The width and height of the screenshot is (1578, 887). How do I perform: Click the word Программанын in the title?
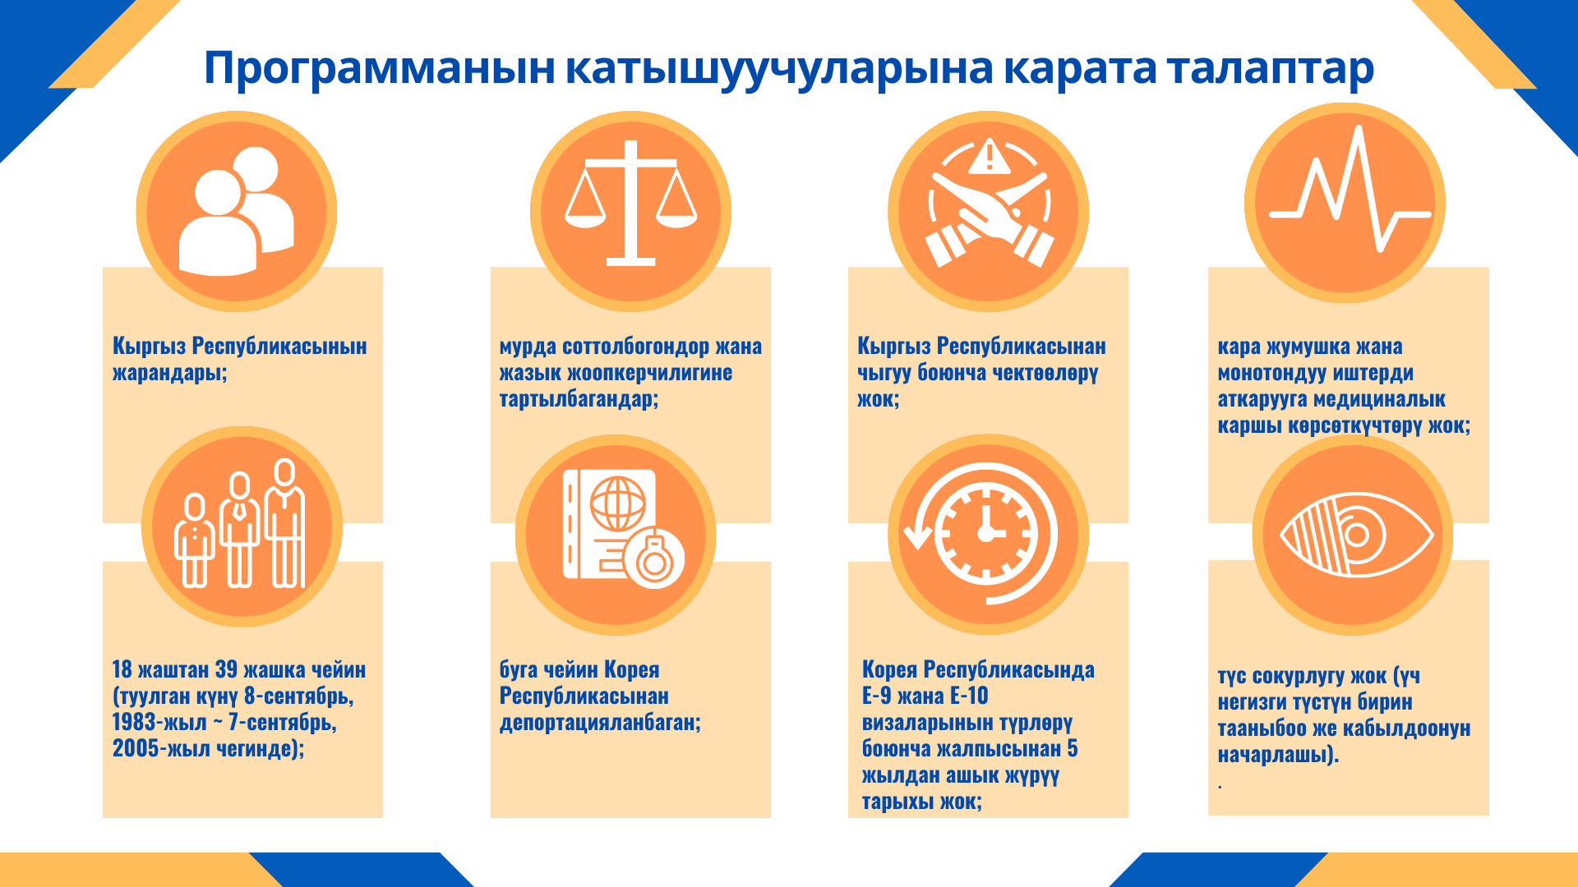coord(380,69)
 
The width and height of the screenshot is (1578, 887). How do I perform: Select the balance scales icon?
coord(630,203)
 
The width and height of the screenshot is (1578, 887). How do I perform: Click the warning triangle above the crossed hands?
coord(989,156)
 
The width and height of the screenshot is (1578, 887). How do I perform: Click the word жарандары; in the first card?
coord(169,373)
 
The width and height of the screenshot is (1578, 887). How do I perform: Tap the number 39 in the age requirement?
coord(226,669)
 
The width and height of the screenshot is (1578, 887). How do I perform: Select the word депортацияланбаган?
coord(600,723)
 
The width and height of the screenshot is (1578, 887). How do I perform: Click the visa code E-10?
coord(969,696)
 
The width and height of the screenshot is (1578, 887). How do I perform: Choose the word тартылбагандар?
coord(579,399)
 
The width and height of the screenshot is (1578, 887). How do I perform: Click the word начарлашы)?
coord(1278,754)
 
